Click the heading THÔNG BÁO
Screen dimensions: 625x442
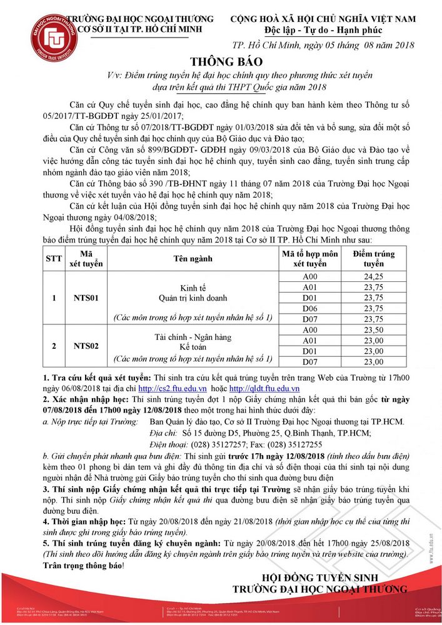(221, 61)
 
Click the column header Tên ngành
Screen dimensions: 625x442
(192, 258)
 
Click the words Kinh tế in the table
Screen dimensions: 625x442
(193, 287)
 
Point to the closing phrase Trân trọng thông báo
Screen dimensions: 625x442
(83, 565)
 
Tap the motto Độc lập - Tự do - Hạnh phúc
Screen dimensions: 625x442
(323, 31)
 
